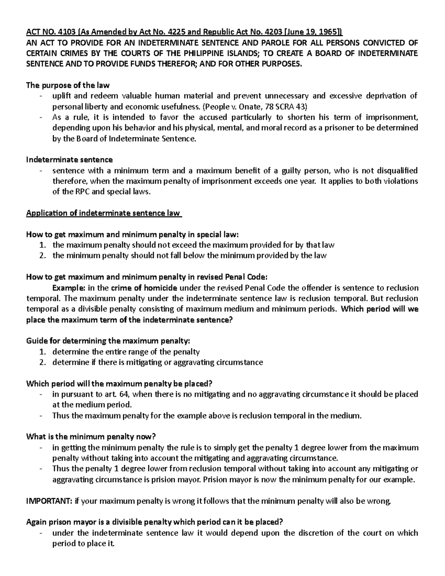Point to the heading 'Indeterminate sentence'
69,160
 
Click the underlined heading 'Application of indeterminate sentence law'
103,213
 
